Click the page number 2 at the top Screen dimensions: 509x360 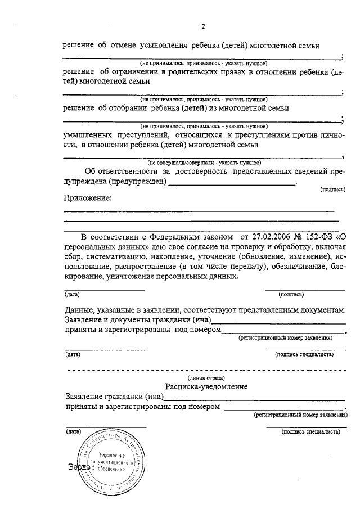204,27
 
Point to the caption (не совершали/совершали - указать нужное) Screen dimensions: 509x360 204,161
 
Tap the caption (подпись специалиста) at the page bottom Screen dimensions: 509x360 311,432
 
